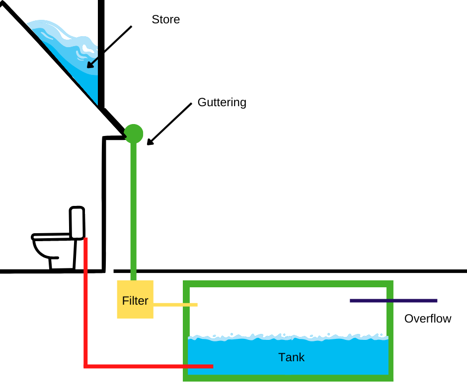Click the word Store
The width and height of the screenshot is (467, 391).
pos(165,20)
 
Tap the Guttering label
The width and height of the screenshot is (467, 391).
pos(222,103)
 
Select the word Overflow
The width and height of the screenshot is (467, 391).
pos(427,319)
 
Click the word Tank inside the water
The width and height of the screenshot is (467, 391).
pos(291,357)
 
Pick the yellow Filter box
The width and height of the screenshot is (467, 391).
pos(135,300)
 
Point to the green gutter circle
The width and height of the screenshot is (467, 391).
pos(133,133)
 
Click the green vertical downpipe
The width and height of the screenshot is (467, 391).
pos(133,208)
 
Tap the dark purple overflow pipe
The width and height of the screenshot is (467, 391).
pos(393,300)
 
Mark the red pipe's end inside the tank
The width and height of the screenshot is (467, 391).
pos(211,366)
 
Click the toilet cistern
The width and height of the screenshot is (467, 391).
pos(77,222)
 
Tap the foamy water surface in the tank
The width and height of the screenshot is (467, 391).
pos(288,337)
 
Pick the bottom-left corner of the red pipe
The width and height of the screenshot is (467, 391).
pos(86,366)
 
